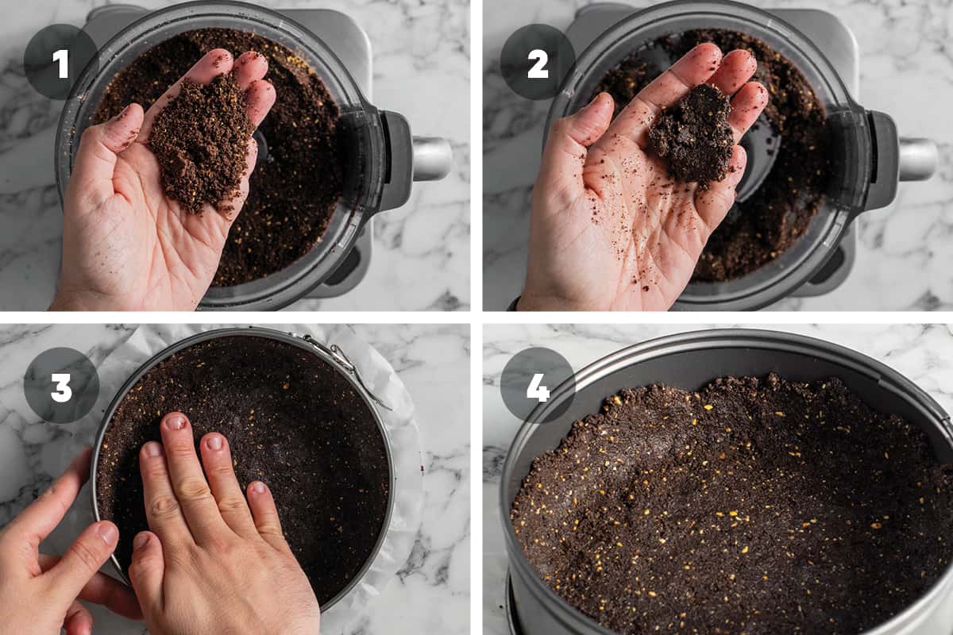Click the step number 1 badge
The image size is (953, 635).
[x=61, y=62]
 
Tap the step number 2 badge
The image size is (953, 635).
[x=538, y=62]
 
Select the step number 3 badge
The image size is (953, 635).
[x=61, y=385]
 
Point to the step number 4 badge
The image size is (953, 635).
[x=538, y=385]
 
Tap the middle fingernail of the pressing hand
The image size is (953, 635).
[x=176, y=422]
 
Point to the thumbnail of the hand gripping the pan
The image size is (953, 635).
[x=108, y=533]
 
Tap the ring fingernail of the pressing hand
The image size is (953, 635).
[x=214, y=442]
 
